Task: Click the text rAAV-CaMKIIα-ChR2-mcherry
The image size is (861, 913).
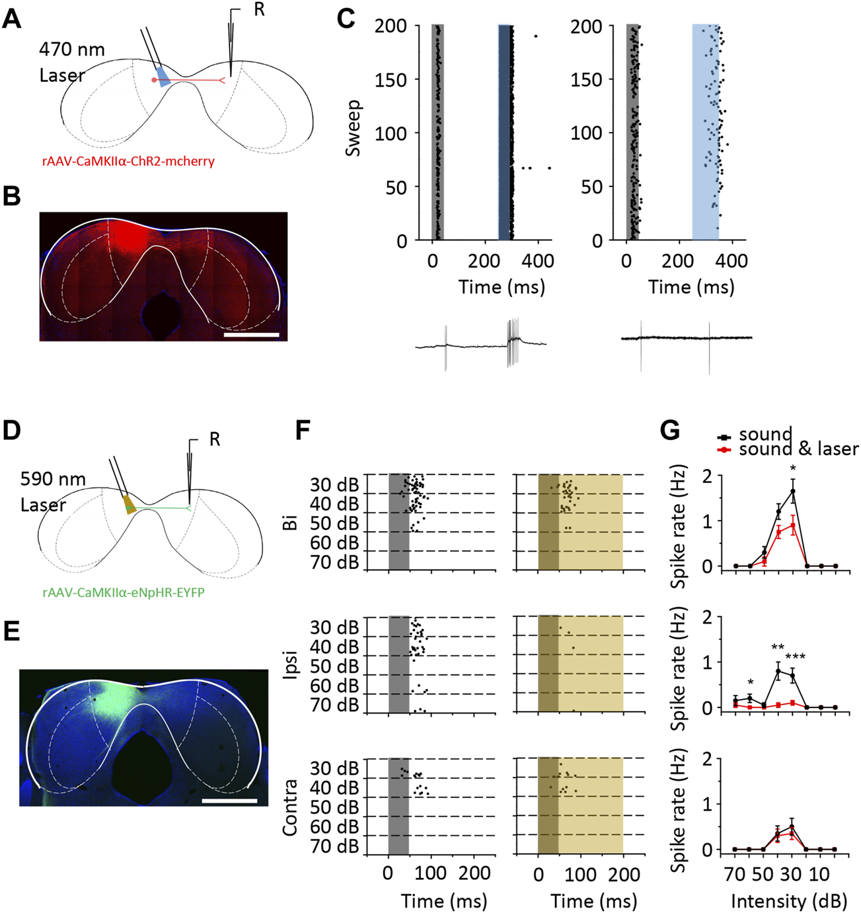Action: (128, 161)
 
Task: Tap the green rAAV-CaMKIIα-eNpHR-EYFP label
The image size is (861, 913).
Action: (124, 593)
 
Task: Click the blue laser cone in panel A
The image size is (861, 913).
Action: (163, 76)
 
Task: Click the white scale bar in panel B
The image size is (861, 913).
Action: (251, 336)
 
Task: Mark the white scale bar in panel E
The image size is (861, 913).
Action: (229, 801)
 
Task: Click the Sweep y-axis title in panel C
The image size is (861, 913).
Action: (354, 128)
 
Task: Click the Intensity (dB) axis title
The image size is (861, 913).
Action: (788, 901)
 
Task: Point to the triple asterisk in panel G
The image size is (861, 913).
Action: (795, 657)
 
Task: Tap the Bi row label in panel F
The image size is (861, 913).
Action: (291, 523)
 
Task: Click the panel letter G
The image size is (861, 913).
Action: (670, 431)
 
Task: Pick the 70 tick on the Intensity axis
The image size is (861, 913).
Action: (735, 875)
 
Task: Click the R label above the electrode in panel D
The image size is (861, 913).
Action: (215, 439)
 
